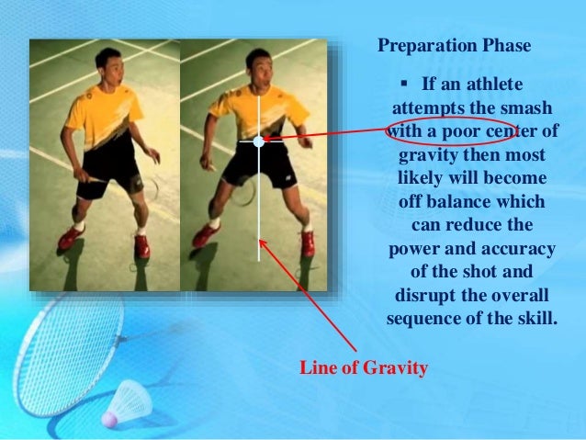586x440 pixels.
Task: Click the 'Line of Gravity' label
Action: [364, 368]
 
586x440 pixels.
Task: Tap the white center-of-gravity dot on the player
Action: [259, 141]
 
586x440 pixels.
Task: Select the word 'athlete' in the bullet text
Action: [495, 85]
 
